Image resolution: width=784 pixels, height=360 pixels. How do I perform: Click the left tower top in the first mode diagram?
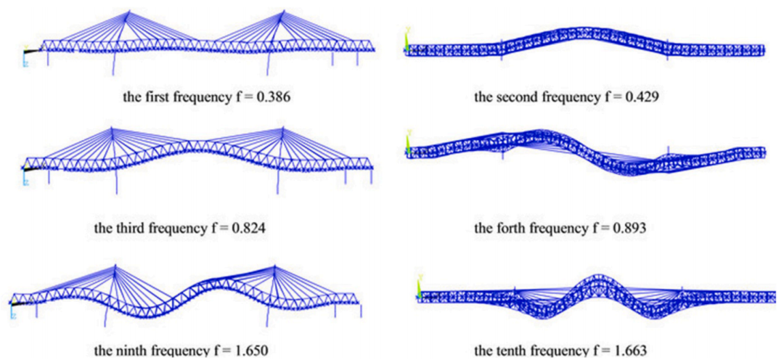[x=127, y=10]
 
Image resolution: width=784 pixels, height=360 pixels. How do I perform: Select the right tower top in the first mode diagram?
[x=284, y=10]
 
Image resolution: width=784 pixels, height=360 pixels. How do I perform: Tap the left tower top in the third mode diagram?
[x=112, y=128]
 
